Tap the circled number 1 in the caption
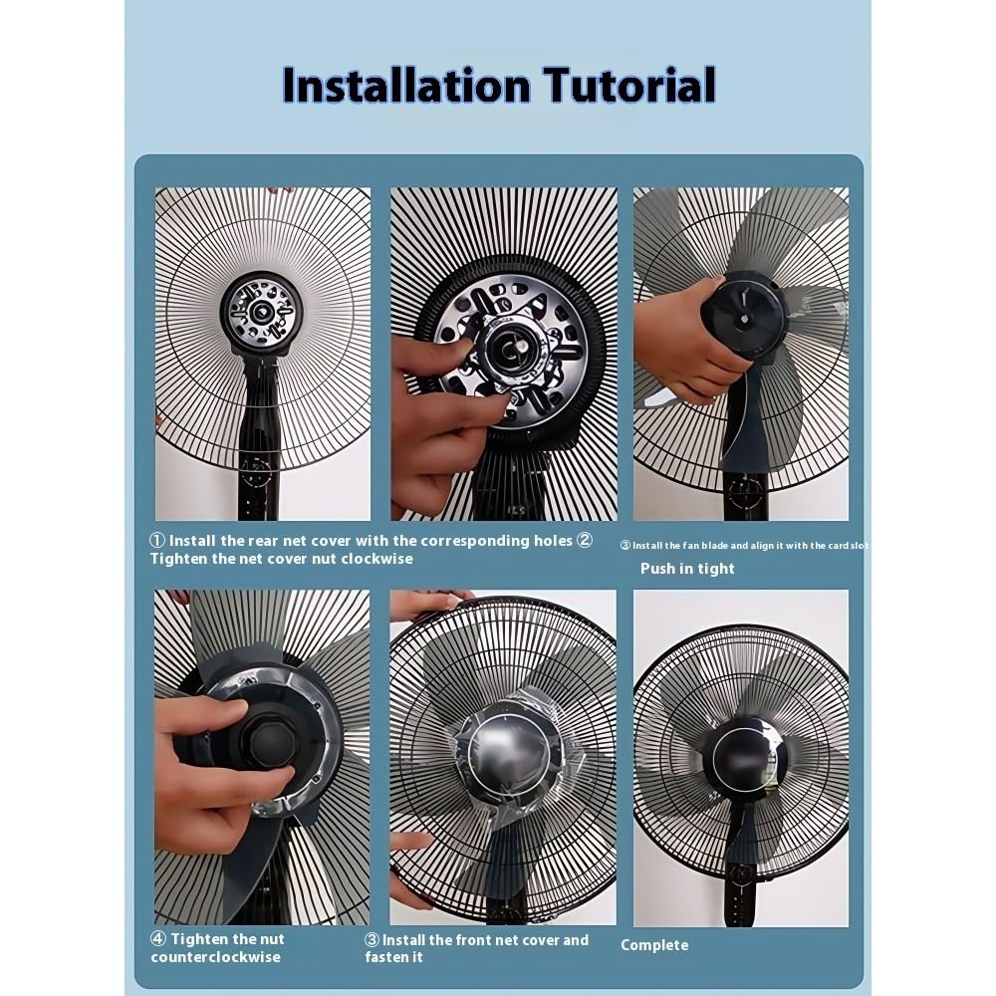tap(156, 541)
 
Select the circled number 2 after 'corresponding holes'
tap(585, 541)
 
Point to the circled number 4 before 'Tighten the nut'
tap(157, 939)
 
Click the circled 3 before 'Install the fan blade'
tap(624, 546)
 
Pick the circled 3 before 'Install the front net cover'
tap(372, 940)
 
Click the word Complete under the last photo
tap(654, 945)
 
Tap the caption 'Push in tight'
tap(687, 569)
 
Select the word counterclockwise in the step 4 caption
tap(215, 958)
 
